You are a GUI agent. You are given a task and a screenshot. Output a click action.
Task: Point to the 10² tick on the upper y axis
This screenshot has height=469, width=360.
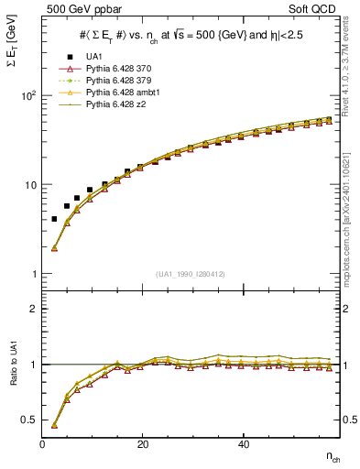28,95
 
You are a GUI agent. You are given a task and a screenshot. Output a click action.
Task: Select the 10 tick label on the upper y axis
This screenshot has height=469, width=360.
30,184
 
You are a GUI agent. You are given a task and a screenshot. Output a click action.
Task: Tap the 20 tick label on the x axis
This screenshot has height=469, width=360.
142,444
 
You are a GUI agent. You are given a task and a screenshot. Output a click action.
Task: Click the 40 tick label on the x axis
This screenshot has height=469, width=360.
243,444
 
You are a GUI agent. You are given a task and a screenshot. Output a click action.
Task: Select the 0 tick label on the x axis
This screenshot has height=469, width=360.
42,444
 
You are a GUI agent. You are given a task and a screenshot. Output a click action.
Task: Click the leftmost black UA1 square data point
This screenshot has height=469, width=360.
54,219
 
